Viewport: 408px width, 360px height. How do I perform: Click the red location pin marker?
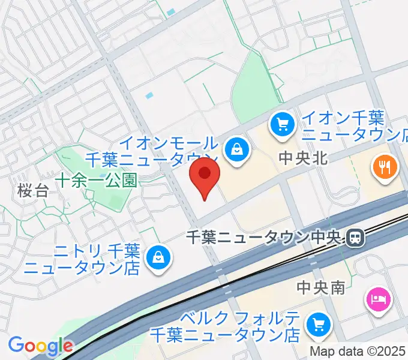[205, 175]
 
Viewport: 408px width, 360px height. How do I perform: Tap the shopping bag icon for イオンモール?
[238, 148]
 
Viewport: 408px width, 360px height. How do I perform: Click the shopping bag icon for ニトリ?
[159, 257]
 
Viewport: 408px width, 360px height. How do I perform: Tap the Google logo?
[40, 346]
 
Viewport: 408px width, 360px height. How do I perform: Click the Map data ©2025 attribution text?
[358, 351]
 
